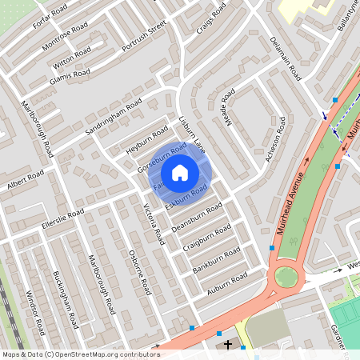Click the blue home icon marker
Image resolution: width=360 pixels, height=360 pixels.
(180, 172)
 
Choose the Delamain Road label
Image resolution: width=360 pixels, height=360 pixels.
(285, 58)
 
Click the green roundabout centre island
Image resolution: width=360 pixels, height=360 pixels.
(286, 278)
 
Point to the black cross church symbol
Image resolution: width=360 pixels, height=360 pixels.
(229, 345)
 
